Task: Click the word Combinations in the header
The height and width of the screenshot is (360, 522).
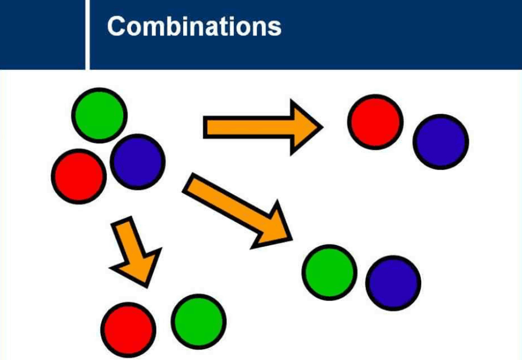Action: (x=194, y=27)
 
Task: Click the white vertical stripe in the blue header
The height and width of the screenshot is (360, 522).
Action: (x=88, y=34)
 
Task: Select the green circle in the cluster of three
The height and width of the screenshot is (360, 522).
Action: (x=99, y=115)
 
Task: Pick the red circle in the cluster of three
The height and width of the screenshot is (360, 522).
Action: (x=79, y=176)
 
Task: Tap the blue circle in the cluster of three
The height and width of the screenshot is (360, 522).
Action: (x=138, y=161)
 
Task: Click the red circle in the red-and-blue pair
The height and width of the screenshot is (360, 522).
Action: (x=375, y=122)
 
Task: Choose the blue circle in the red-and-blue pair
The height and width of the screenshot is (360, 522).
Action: (x=441, y=141)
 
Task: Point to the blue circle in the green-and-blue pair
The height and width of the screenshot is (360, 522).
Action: (x=393, y=283)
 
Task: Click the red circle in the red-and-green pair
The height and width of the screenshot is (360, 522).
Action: (x=128, y=329)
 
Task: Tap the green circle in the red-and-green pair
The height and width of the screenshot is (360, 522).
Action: (x=199, y=321)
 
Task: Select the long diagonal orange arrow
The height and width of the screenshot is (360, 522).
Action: (x=235, y=209)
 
